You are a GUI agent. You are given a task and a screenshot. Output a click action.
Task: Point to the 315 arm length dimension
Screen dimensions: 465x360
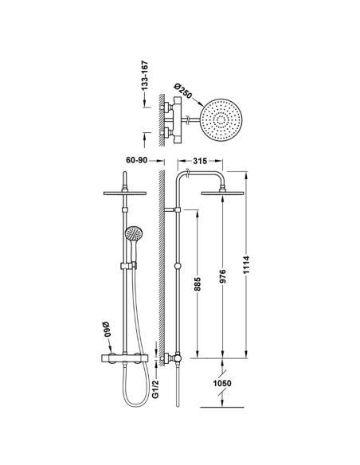[201, 160]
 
